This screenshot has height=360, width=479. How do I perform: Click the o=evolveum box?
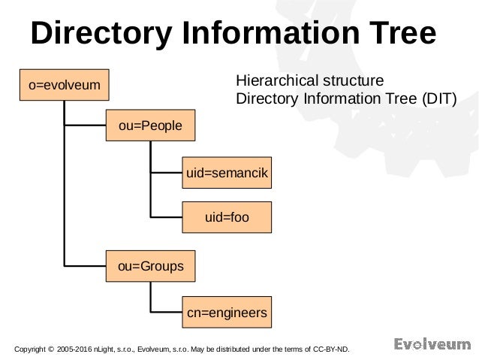pyautogui.click(x=65, y=86)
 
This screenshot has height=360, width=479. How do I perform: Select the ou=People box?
pyautogui.click(x=150, y=126)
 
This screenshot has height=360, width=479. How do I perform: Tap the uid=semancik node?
pyautogui.click(x=227, y=174)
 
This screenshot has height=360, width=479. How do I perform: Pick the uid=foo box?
pyautogui.click(x=227, y=217)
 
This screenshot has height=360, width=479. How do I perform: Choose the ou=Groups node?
pyautogui.click(x=150, y=265)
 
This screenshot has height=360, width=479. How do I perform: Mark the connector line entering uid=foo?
pyautogui.click(x=167, y=217)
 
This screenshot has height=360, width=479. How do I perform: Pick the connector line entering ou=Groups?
pyautogui.click(x=86, y=265)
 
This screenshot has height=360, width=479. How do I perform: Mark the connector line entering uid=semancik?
pyautogui.click(x=167, y=174)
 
